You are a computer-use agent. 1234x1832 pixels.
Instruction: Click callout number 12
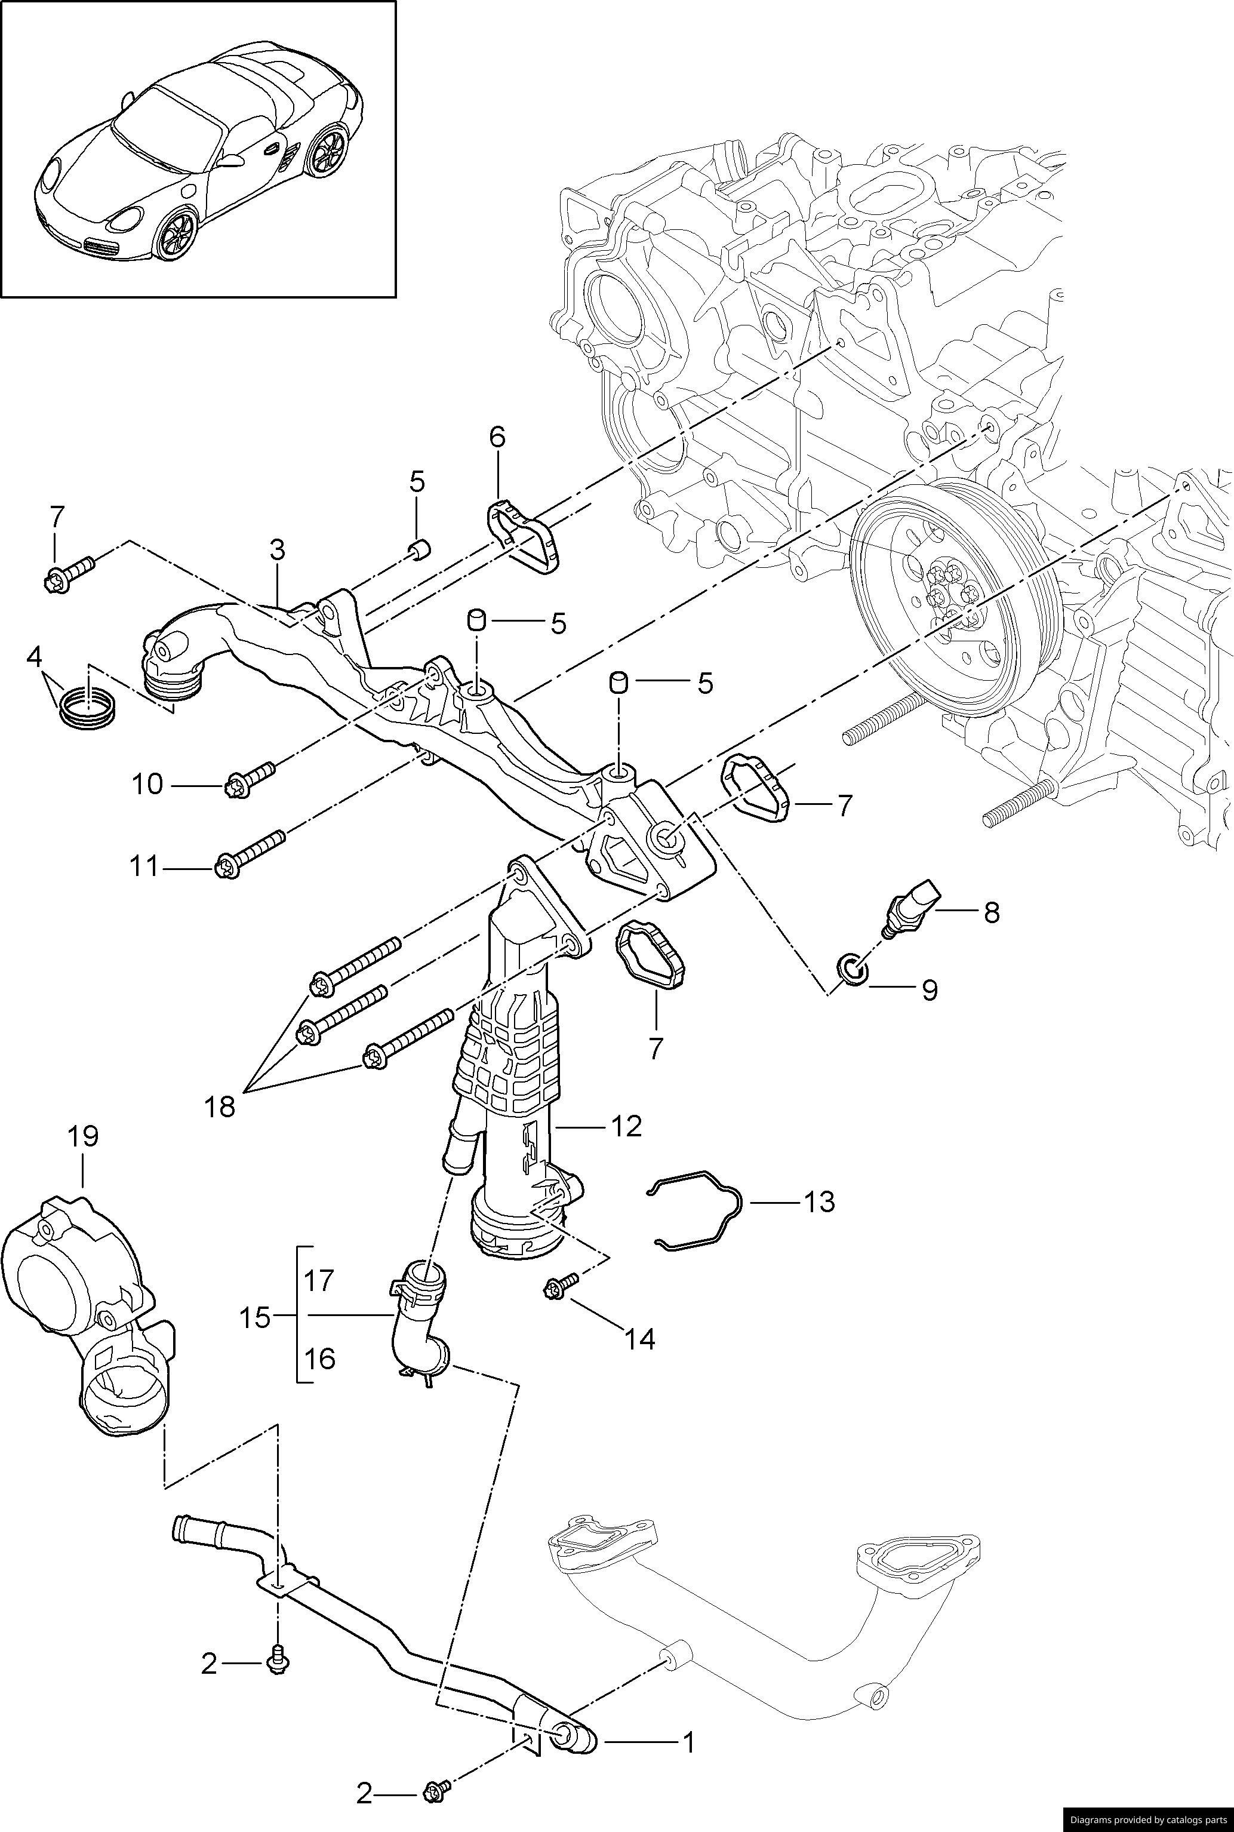[626, 1126]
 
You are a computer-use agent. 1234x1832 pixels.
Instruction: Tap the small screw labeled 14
[559, 1288]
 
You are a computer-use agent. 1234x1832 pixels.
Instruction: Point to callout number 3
[277, 550]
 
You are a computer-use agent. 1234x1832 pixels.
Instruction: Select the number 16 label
[319, 1358]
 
